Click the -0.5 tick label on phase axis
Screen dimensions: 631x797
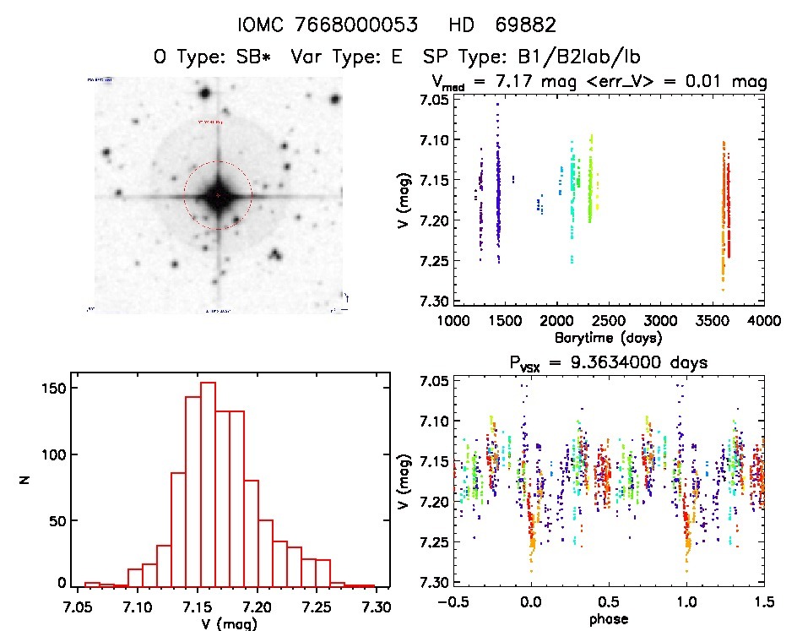450,601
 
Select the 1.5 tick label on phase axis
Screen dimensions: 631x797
762,601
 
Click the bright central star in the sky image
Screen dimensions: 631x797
218,195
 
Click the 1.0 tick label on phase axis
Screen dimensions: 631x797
687,601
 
